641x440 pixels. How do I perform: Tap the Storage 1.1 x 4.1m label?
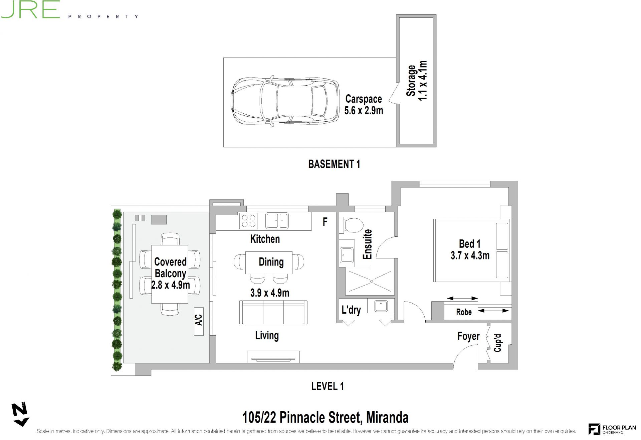[416, 81]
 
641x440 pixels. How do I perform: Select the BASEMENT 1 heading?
[334, 164]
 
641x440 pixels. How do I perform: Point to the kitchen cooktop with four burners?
[249, 221]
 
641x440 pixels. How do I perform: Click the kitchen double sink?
[277, 221]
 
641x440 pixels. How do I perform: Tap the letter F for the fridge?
[325, 222]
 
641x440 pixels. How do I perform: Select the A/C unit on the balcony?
[199, 321]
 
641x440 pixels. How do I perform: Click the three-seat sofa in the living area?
[273, 312]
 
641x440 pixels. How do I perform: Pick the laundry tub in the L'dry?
[381, 306]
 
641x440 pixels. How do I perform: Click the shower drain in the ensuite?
[371, 282]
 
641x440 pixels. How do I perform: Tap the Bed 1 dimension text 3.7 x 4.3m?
[470, 256]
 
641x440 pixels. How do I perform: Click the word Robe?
[464, 312]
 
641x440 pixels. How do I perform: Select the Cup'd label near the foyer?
[497, 343]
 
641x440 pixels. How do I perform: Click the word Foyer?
[468, 336]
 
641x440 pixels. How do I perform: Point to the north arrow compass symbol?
[20, 415]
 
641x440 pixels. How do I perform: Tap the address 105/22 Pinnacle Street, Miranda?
[325, 418]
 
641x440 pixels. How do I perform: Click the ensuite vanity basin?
[347, 255]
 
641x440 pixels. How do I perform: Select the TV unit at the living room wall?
[273, 357]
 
